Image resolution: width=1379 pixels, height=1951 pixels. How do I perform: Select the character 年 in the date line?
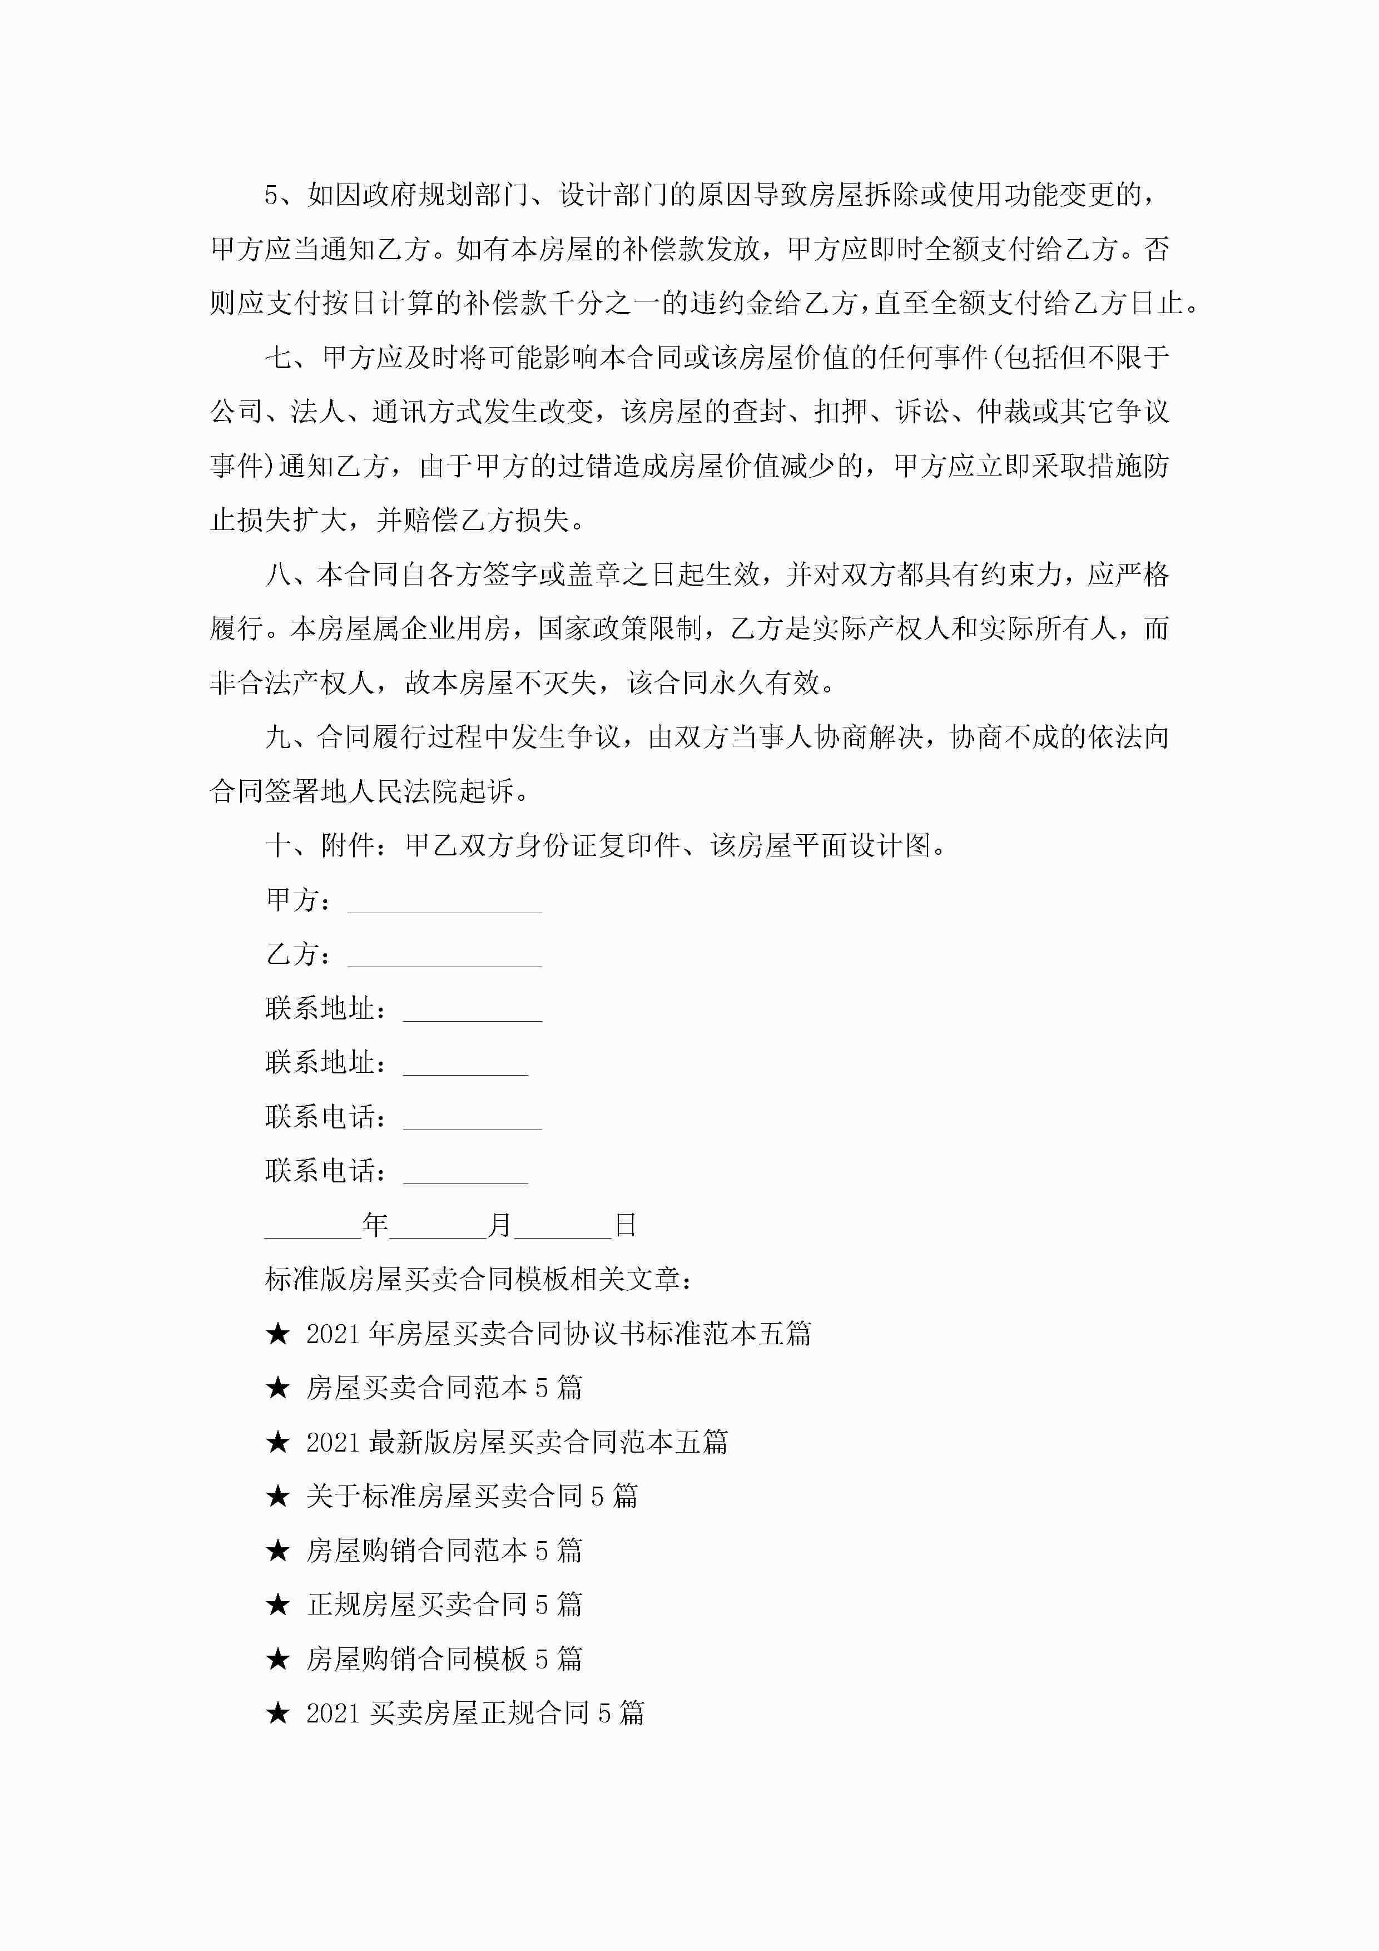coord(375,1225)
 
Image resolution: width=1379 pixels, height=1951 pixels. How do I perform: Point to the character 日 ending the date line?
coord(626,1225)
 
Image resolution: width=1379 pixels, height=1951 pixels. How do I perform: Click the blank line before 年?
coord(312,1229)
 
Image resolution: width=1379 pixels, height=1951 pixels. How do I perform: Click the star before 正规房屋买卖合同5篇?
coord(278,1605)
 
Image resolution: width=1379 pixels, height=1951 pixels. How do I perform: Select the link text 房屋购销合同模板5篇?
coord(444,1658)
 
